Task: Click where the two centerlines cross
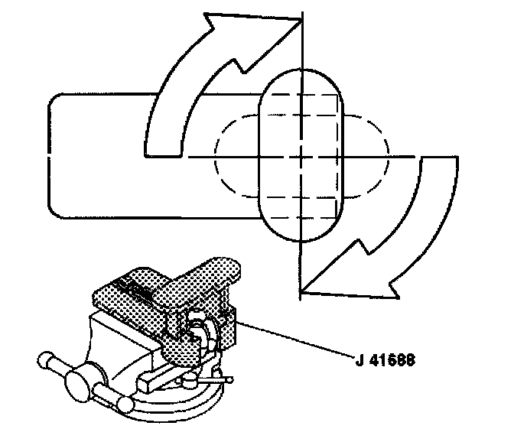302,156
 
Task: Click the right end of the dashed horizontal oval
388,156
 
